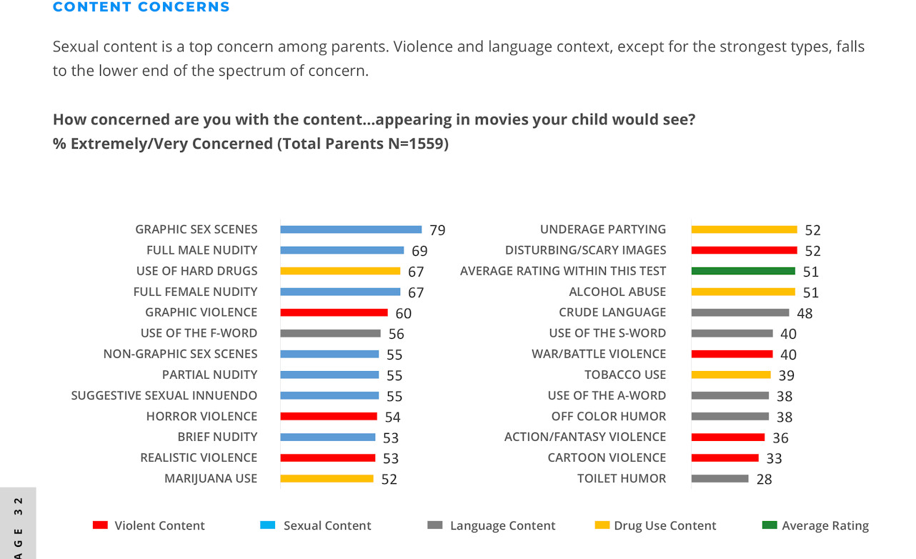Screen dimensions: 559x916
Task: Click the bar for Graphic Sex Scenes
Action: [x=351, y=229]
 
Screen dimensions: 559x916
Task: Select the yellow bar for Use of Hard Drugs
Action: [x=340, y=271]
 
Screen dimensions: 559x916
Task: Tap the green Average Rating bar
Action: [x=743, y=271]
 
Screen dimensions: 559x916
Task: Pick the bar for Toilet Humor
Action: [x=720, y=479]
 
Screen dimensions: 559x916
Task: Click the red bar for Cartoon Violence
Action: [x=725, y=458]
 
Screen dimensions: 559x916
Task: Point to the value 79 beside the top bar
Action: [x=437, y=230]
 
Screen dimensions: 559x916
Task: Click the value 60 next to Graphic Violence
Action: [x=403, y=313]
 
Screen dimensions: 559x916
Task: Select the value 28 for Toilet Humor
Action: [x=764, y=480]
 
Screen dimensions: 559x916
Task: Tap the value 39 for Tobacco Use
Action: [x=786, y=375]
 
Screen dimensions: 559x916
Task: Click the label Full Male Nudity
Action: [x=201, y=250]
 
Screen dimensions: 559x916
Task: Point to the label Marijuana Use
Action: [x=211, y=478]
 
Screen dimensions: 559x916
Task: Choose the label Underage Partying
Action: [x=603, y=229]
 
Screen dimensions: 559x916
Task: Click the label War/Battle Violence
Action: [x=599, y=354]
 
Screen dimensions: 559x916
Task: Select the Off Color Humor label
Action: [x=609, y=416]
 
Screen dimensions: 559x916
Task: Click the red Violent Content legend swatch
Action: [x=100, y=525]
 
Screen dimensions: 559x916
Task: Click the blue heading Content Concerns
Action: [x=141, y=7]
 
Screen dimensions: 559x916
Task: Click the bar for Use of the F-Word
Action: [x=330, y=333]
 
